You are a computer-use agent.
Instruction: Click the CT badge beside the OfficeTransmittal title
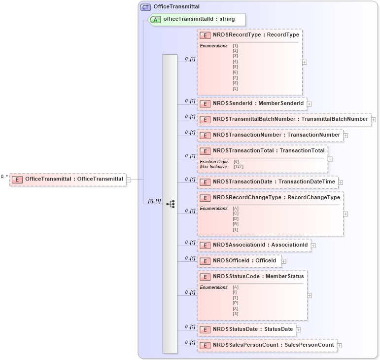click(x=145, y=7)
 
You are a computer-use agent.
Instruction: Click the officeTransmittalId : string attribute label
click(x=199, y=19)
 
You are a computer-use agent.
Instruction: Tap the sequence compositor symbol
click(x=170, y=204)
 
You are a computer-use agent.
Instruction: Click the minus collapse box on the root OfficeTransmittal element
click(x=128, y=180)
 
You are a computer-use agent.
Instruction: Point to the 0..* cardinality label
click(x=4, y=176)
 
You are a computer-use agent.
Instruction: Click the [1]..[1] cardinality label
click(x=154, y=201)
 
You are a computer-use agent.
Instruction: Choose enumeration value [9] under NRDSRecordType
click(x=235, y=88)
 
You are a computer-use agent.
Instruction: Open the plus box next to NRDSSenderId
click(x=309, y=104)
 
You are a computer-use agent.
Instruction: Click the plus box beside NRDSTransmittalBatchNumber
click(x=374, y=119)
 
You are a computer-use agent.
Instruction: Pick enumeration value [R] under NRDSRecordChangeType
click(x=235, y=224)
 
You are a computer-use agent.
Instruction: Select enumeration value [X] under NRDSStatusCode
click(x=235, y=308)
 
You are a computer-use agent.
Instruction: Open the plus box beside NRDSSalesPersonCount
click(x=340, y=346)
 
